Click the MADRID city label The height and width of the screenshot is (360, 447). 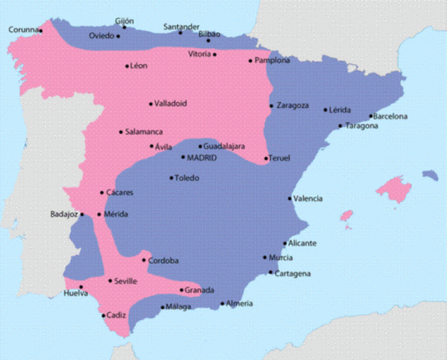click(x=202, y=157)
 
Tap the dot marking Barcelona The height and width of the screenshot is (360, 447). click(x=371, y=117)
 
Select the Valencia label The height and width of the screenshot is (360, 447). click(x=308, y=199)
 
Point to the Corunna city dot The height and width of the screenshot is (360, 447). click(x=40, y=31)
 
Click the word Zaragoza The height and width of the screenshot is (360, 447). click(x=292, y=106)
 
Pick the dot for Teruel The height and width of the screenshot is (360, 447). click(x=266, y=158)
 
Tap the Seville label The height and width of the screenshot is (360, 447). click(x=126, y=281)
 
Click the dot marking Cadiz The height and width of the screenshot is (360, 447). click(x=103, y=316)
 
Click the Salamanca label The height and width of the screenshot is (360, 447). click(x=144, y=132)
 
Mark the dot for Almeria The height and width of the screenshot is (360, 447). click(x=223, y=304)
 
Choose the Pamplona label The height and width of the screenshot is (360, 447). click(x=272, y=61)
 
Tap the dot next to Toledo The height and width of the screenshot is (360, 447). click(x=172, y=178)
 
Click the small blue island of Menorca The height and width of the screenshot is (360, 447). click(x=430, y=175)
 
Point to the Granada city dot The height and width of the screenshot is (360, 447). click(x=181, y=290)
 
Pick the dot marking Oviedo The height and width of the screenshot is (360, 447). click(x=118, y=36)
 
